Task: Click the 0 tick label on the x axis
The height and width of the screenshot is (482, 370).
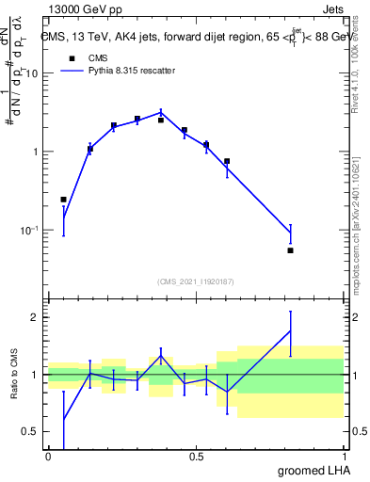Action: coord(48,457)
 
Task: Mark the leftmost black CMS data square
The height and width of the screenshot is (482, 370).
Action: coord(63,200)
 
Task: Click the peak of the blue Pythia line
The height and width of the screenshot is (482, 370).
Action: coord(161,111)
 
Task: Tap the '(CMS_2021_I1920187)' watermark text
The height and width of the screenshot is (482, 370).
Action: coord(195,281)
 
